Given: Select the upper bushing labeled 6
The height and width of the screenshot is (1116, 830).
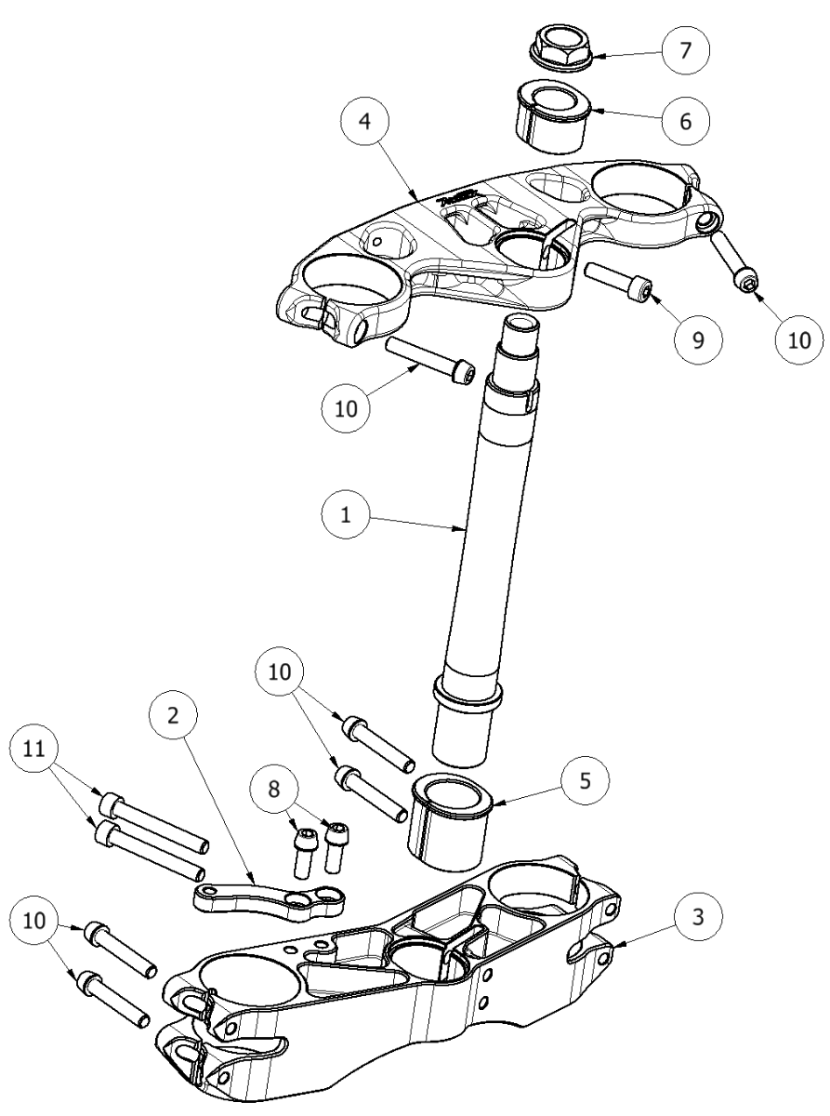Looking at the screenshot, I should (x=549, y=119).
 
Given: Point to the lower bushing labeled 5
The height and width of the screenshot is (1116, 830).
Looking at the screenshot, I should (x=451, y=818).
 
